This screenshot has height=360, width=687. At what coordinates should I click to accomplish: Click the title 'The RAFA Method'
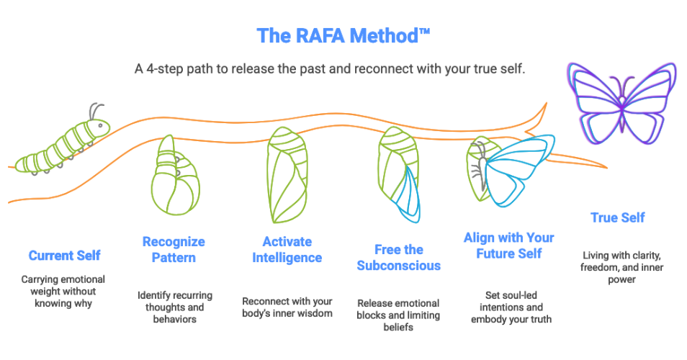coord(343,36)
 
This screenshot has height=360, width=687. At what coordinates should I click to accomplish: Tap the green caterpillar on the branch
coord(63,148)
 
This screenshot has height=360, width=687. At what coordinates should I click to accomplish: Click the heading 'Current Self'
coord(65,256)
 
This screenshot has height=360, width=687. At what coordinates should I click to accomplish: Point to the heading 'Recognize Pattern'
coord(173,248)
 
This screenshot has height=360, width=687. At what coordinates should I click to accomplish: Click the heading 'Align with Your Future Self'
coord(509,246)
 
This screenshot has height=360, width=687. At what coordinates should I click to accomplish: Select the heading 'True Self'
coord(617,217)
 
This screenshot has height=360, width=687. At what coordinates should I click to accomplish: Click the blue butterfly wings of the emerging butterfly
coord(517,171)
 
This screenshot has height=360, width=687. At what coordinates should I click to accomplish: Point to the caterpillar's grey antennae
coord(95,111)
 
